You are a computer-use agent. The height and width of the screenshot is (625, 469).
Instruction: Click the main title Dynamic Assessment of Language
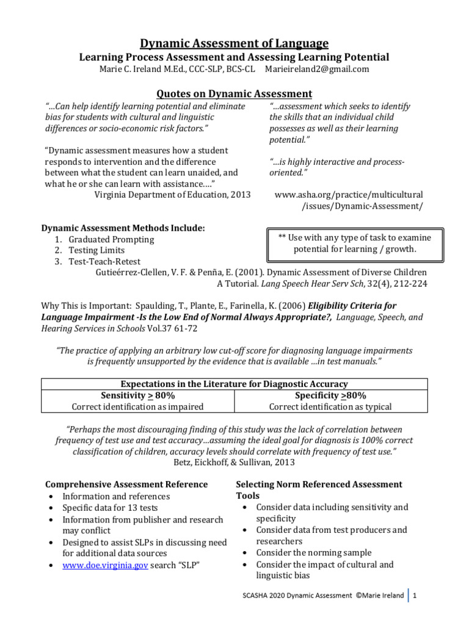tap(234, 43)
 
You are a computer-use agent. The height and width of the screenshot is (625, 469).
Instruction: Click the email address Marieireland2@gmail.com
tap(317, 69)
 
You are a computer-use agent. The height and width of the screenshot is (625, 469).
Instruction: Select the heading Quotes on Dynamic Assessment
tap(234, 93)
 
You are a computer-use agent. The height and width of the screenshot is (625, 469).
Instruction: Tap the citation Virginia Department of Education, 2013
tap(163, 195)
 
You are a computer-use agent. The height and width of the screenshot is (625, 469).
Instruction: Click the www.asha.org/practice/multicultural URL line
tap(349, 195)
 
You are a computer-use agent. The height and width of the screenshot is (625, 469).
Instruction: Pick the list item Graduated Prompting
tap(111, 239)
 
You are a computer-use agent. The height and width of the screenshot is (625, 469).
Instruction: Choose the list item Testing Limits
tap(96, 250)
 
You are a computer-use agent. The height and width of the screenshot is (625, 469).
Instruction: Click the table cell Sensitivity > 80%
tap(137, 396)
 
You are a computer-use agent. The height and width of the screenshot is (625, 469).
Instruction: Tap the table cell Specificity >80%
tap(331, 396)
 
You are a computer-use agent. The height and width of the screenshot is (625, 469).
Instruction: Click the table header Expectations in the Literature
tap(234, 384)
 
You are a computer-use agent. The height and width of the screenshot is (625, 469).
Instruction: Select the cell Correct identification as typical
tap(331, 406)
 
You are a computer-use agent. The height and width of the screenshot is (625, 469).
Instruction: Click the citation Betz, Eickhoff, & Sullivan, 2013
tap(234, 462)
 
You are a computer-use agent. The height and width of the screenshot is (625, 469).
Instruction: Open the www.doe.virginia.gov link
tap(106, 565)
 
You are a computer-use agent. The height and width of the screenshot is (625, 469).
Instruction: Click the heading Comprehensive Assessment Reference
tap(126, 484)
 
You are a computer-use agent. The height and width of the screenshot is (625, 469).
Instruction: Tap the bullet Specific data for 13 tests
tap(111, 508)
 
